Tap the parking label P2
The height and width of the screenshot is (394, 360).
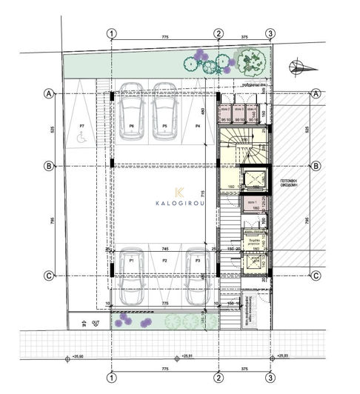pyautogui.click(x=165, y=261)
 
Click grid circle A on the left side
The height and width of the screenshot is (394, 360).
pyautogui.click(x=49, y=94)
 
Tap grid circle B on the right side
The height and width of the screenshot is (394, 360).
pyautogui.click(x=315, y=166)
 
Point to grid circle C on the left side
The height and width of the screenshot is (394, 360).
pyautogui.click(x=49, y=276)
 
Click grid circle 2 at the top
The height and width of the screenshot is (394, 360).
pyautogui.click(x=218, y=33)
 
